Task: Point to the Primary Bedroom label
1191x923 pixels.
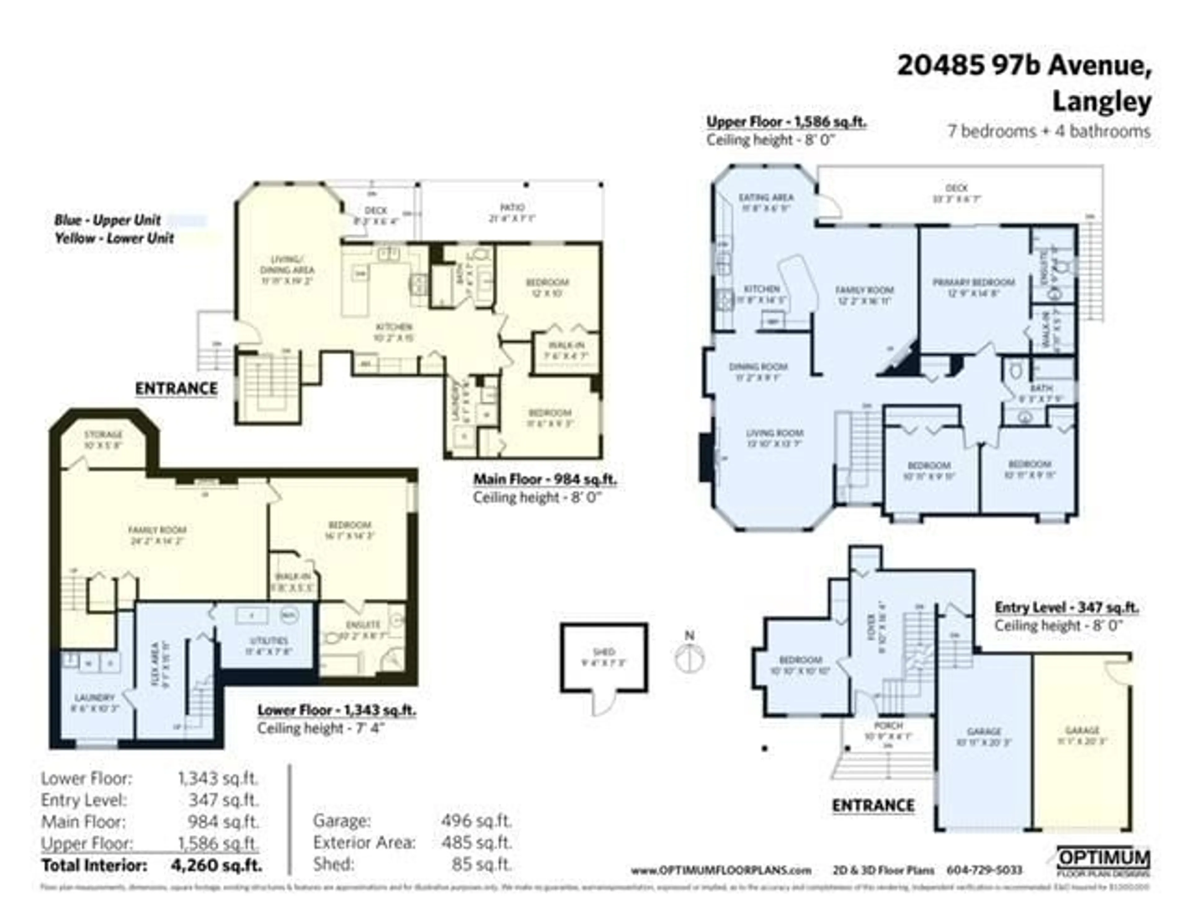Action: tap(973, 283)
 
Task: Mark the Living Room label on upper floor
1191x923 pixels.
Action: tap(774, 433)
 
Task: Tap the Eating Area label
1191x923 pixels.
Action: tap(766, 198)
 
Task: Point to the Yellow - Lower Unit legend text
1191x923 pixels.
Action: tap(114, 238)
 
